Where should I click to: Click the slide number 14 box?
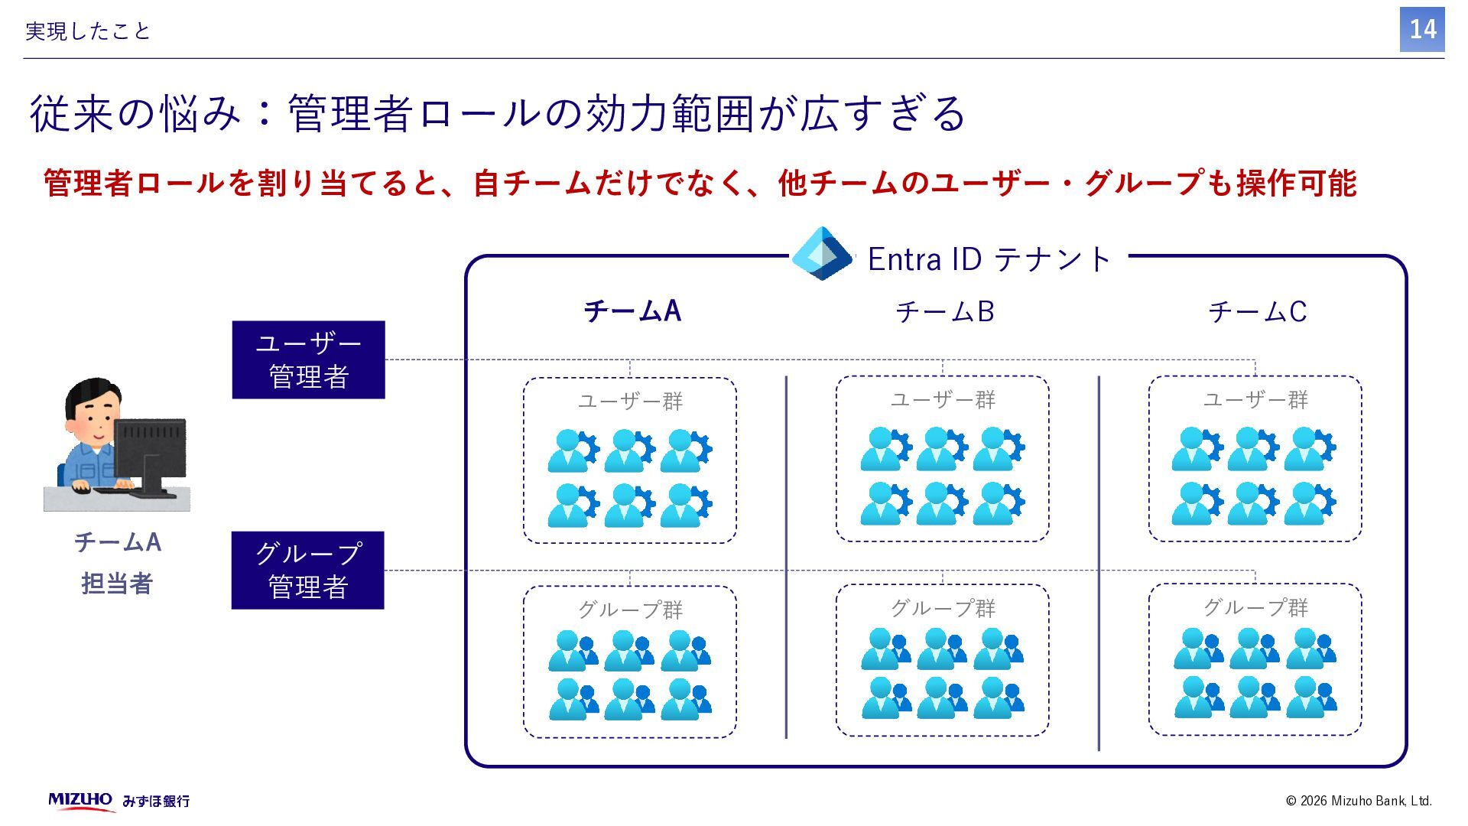coord(1421,30)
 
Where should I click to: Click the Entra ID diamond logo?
coord(822,254)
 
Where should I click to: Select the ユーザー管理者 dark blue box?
coord(308,359)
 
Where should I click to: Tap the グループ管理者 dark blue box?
coord(307,570)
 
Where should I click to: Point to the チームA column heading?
coord(632,311)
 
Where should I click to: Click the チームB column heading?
coord(944,311)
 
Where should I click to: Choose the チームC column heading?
coord(1257,311)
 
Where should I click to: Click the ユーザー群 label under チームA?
coord(629,401)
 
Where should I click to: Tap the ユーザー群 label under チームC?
coord(1255,399)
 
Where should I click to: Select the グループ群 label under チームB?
coord(942,608)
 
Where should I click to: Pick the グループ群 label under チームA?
coord(629,610)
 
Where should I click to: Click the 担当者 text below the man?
coord(117,584)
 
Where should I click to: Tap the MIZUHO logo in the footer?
coord(80,800)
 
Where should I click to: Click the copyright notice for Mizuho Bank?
coord(1358,801)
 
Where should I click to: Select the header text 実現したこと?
coord(88,31)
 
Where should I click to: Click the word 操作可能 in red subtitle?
coord(1297,184)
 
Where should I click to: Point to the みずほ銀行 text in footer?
coord(156,801)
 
